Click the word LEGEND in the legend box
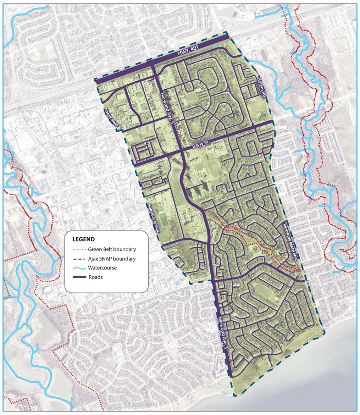83,239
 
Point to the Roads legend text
95,277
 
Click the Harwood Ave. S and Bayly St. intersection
181,151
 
